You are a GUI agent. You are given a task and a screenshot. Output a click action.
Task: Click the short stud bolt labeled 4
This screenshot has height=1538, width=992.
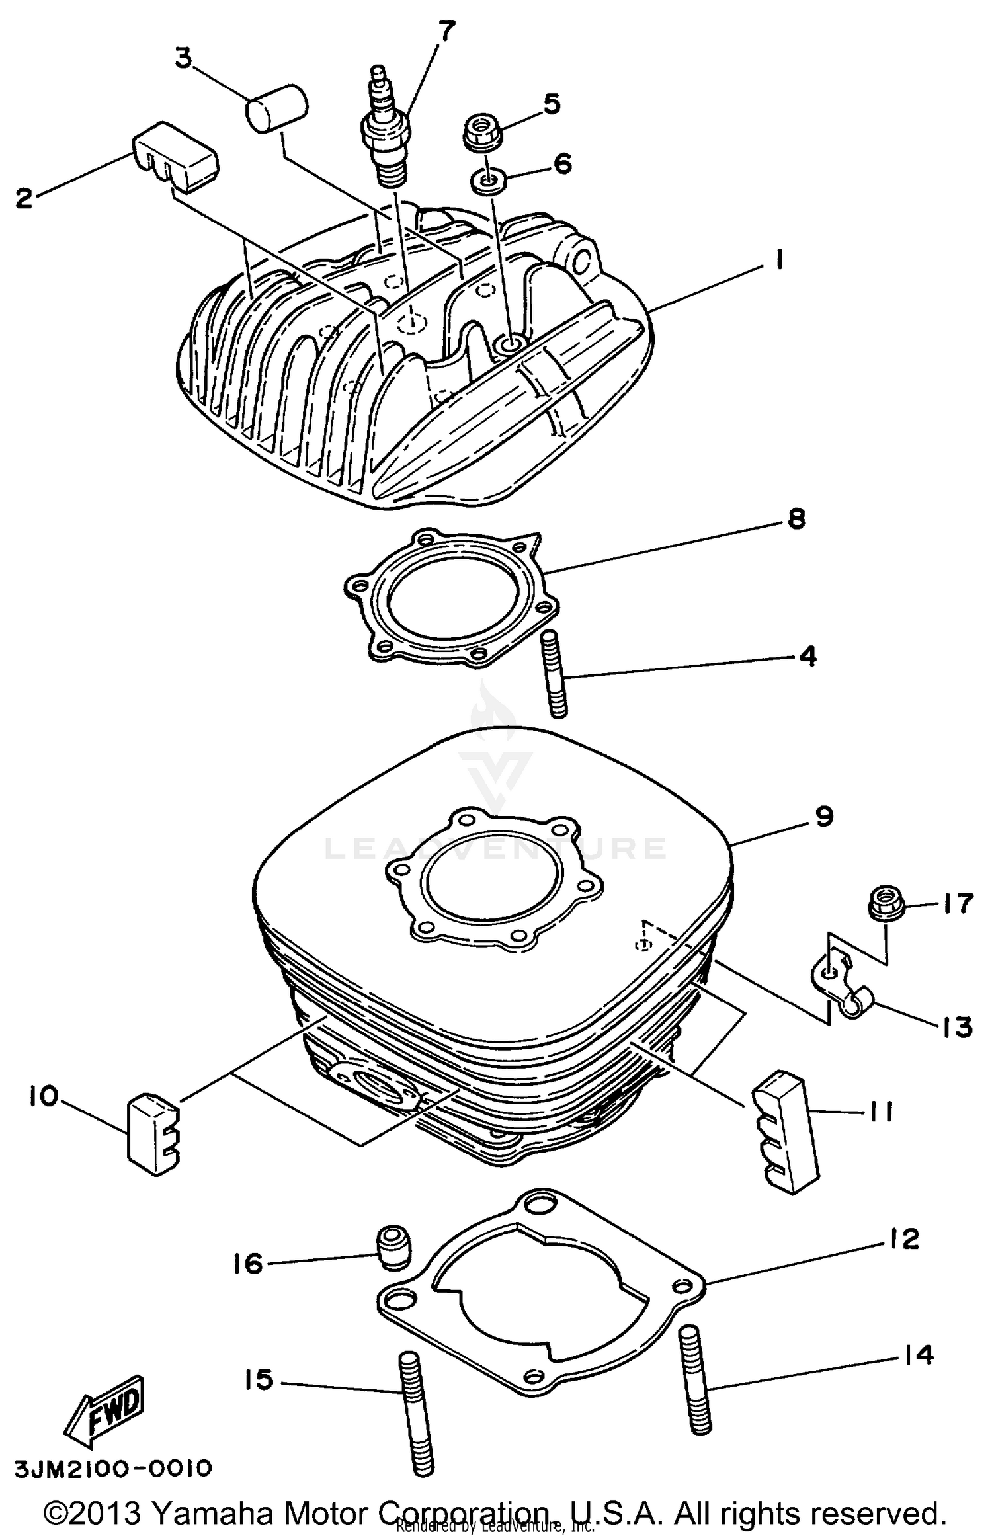pyautogui.click(x=556, y=674)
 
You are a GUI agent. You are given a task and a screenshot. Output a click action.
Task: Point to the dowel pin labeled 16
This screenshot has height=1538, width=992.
pyautogui.click(x=393, y=1247)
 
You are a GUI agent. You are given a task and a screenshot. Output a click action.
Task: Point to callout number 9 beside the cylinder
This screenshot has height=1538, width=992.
pyautogui.click(x=824, y=817)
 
